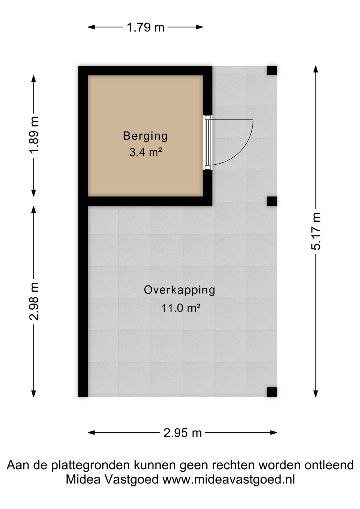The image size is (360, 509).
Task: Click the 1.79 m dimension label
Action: point(146,27)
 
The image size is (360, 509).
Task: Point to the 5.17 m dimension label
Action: point(316,231)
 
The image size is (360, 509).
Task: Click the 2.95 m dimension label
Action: point(183,433)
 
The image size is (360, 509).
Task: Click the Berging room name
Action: point(146,136)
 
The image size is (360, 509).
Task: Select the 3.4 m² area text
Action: point(146,152)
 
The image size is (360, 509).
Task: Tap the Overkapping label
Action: point(179,290)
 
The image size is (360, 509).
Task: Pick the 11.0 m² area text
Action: point(181,308)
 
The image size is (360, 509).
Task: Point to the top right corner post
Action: point(272,71)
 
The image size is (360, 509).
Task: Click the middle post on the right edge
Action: point(272,201)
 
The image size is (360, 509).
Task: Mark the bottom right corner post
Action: point(272,392)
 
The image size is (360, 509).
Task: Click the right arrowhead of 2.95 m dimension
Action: point(274,433)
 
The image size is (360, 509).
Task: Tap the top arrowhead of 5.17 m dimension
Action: point(316,69)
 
